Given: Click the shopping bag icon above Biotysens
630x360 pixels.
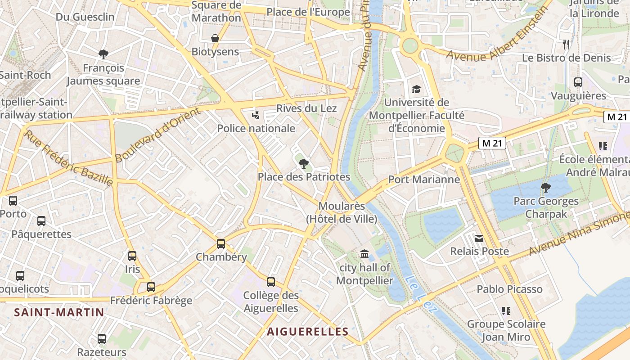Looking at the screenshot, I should coord(215,38).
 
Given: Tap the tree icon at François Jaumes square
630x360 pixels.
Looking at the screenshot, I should coord(103,54).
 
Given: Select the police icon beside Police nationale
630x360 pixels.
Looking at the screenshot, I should coord(256,115).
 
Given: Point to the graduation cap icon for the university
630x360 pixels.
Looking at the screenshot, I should coord(416,89).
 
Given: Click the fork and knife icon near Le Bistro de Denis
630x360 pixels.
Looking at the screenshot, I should coord(566,44).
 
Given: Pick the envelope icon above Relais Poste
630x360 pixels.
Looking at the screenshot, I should coord(479,238).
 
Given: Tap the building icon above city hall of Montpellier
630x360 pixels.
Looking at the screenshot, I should coord(364,254).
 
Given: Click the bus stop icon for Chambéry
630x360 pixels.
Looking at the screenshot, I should coord(221,244).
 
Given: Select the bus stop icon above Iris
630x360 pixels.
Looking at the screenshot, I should coord(132,256).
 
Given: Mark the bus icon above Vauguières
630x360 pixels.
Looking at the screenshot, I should coord(578,82).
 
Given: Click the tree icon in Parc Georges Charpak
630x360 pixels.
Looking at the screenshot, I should coord(546,188).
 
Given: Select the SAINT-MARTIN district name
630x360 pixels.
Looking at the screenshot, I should coord(59,312).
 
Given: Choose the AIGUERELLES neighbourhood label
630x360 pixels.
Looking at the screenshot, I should coord(308,332).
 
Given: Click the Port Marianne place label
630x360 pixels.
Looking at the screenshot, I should coord(424,180).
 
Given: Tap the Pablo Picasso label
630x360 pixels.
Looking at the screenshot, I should coord(509,289).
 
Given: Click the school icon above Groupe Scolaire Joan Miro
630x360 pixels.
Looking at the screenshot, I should coord(506,310).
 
